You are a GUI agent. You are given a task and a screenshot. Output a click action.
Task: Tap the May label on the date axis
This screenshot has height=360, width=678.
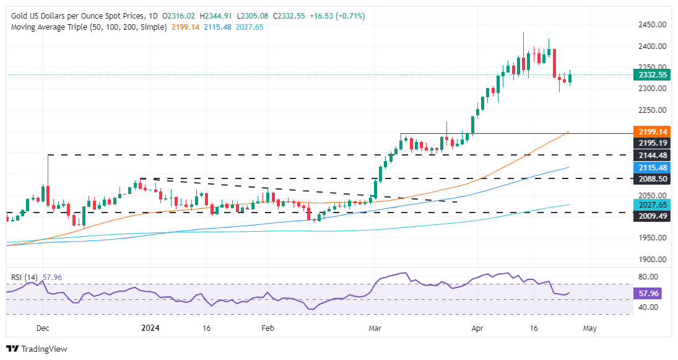[x=589, y=328]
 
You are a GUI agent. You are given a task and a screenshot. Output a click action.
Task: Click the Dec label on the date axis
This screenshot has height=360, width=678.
[x=42, y=328]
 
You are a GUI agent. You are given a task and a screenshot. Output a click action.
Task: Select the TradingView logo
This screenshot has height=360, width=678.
[x=37, y=349]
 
